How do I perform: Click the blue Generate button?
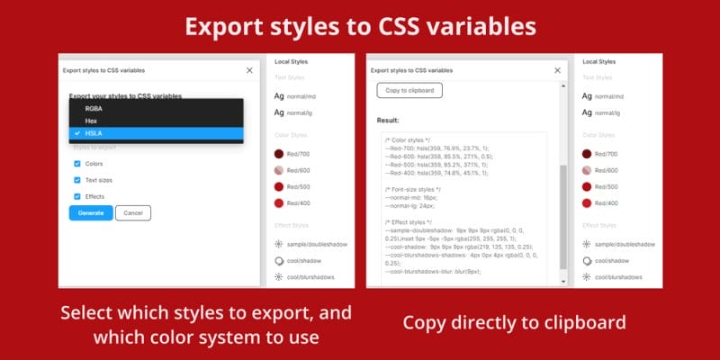pyautogui.click(x=90, y=213)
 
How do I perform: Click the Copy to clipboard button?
pyautogui.click(x=409, y=90)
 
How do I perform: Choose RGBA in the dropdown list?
pyautogui.click(x=94, y=108)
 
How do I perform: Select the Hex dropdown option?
pyautogui.click(x=90, y=120)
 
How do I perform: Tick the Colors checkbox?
pyautogui.click(x=77, y=164)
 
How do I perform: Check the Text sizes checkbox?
pyautogui.click(x=77, y=180)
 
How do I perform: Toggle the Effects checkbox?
pyautogui.click(x=77, y=196)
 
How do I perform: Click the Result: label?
pyautogui.click(x=389, y=120)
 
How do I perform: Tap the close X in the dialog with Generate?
pyautogui.click(x=249, y=69)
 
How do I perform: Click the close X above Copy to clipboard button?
pyautogui.click(x=558, y=69)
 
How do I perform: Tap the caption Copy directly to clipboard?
pyautogui.click(x=514, y=323)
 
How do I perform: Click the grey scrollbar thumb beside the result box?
pyautogui.click(x=563, y=216)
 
